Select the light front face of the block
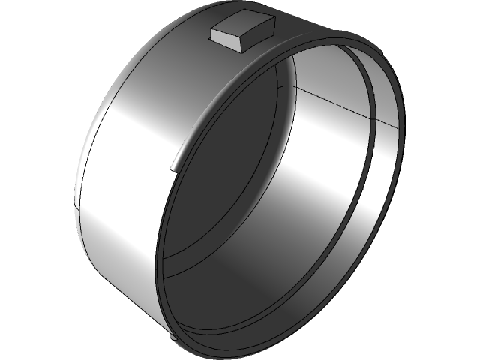pyautogui.click(x=224, y=40)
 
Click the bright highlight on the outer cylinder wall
pyautogui.click(x=135, y=150)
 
